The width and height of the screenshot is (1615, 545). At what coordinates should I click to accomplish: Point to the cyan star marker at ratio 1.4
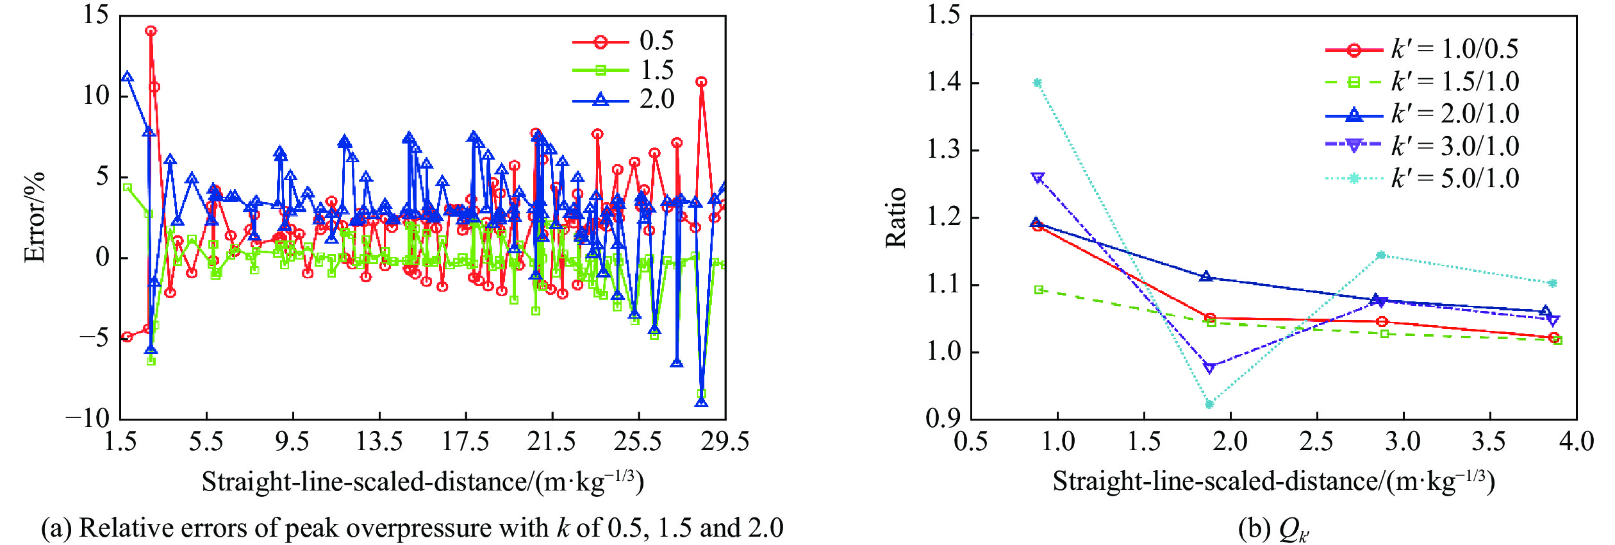[1038, 83]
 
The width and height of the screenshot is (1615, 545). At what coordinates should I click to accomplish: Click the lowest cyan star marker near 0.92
[1209, 405]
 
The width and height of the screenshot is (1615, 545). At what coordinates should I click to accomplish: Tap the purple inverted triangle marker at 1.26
[1038, 178]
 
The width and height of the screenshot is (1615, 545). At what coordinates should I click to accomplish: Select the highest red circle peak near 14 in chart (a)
[151, 31]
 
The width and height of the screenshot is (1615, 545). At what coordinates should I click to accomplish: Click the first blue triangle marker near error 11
[128, 77]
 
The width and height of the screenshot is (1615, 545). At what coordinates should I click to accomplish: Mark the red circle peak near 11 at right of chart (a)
[702, 82]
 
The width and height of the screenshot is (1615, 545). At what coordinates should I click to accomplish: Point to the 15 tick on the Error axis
[96, 14]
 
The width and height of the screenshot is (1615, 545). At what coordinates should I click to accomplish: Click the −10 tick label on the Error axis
[88, 418]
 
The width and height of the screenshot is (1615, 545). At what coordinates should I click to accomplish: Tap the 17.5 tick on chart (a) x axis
[465, 441]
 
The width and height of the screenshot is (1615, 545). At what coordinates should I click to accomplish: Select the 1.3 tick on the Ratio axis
[943, 150]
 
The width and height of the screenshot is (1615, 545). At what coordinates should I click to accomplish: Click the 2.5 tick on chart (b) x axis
[1317, 441]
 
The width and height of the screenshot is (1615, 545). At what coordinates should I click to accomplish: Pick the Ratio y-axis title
[896, 218]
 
